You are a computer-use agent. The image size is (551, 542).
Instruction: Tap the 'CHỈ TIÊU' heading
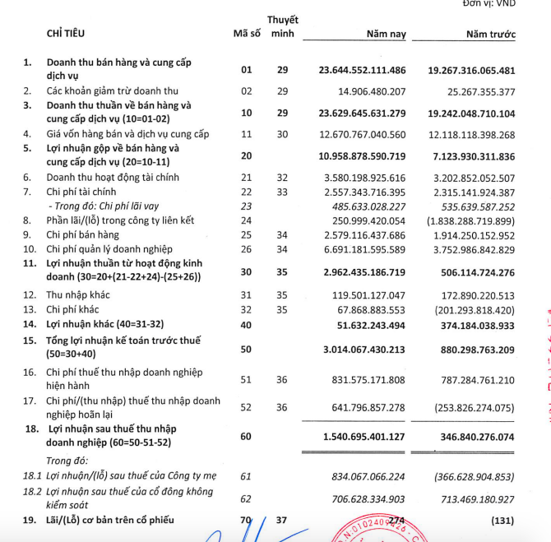[66, 34]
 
